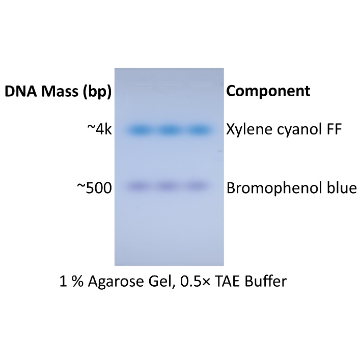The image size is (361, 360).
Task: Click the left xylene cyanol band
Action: tap(139, 130)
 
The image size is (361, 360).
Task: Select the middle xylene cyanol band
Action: tap(169, 130)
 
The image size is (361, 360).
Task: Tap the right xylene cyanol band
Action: tap(199, 130)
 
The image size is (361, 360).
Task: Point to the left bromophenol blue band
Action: tap(139, 186)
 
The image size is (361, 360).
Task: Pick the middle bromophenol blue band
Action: tap(169, 186)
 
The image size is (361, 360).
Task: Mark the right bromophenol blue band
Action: tap(198, 186)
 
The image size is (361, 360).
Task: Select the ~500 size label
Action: tap(95, 188)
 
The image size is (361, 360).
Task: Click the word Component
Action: tap(268, 92)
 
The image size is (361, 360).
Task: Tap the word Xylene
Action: tap(246, 131)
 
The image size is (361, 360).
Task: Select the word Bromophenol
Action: tap(270, 188)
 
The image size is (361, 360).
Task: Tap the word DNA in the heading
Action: tap(21, 92)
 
